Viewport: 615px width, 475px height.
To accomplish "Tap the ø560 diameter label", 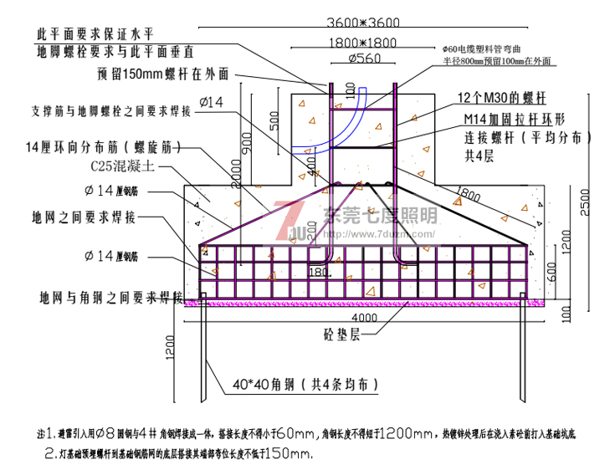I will click(362, 58).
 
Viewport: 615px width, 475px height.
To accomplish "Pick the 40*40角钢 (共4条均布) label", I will click(306, 386).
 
